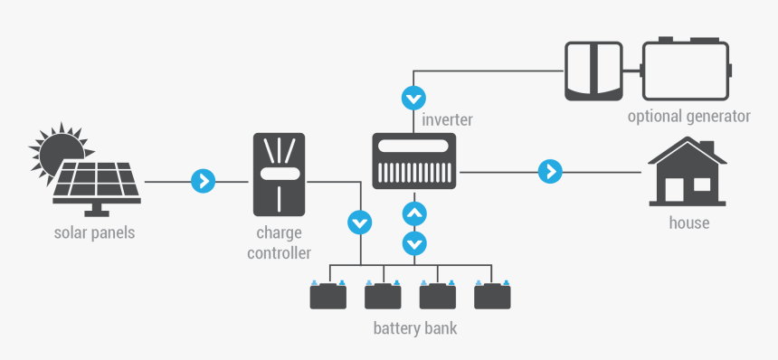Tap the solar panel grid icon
96,182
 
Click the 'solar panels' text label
94,232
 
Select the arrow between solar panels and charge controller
203,181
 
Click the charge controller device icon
279,173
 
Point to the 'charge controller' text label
279,242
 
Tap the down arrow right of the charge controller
359,221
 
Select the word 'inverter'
447,118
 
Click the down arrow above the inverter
414,97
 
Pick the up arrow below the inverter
414,214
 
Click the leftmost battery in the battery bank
327,295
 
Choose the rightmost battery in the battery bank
492,295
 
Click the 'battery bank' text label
415,327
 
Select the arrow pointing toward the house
549,170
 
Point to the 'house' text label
688,223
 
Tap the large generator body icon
685,70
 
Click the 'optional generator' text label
688,117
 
